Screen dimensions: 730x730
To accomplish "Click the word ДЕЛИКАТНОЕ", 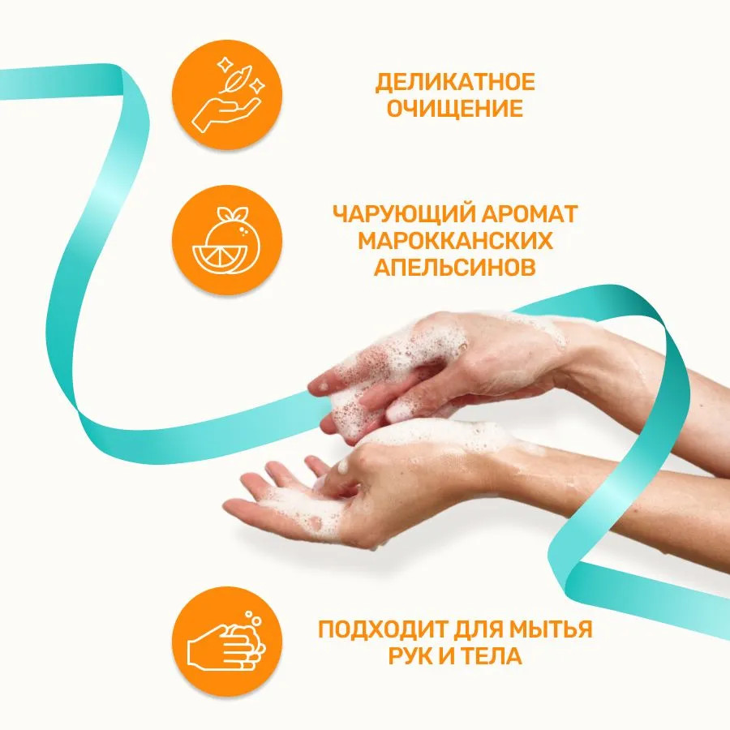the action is click(455, 83).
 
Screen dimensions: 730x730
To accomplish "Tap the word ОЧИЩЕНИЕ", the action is click(455, 109).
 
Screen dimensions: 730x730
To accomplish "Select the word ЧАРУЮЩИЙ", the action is click(403, 215).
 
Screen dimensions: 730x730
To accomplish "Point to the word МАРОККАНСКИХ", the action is click(455, 241).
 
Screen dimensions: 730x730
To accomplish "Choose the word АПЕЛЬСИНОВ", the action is click(455, 267).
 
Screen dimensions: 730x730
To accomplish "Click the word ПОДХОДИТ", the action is click(382, 629).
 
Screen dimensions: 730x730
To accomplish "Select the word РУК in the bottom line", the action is click(410, 656).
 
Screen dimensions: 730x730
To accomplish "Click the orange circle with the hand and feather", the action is click(227, 95).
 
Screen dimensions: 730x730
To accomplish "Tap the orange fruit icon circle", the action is click(227, 240).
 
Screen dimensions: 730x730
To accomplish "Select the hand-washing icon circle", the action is click(227, 642).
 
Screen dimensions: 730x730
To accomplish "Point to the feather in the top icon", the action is click(235, 80).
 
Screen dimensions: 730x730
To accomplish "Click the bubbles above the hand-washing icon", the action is click(253, 620).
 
